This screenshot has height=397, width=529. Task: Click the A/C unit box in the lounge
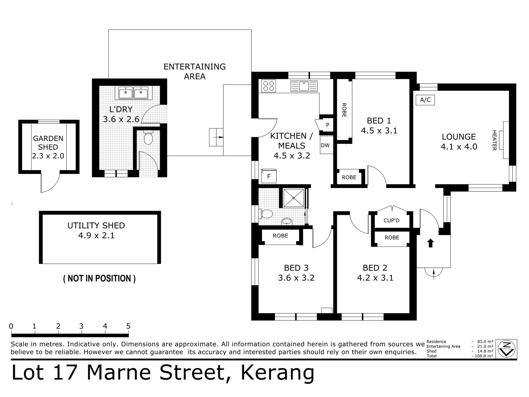pyautogui.click(x=425, y=100)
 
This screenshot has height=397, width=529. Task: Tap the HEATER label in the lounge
pyautogui.click(x=494, y=140)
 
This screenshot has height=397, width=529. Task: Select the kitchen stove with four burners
pyautogui.click(x=269, y=86)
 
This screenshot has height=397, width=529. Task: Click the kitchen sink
pyautogui.click(x=304, y=86)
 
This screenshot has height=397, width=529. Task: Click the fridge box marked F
pyautogui.click(x=269, y=176)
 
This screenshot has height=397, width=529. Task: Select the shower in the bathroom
pyautogui.click(x=294, y=198)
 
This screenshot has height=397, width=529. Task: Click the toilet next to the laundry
pyautogui.click(x=148, y=137)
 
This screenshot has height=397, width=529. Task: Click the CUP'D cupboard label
pyautogui.click(x=391, y=220)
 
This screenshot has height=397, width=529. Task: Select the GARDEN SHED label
pyautogui.click(x=48, y=143)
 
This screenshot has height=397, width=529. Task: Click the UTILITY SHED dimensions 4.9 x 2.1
pyautogui.click(x=96, y=236)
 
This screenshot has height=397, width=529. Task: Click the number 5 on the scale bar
pyautogui.click(x=128, y=326)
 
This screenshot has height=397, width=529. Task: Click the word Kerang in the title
pyautogui.click(x=278, y=373)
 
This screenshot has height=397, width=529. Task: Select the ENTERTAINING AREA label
pyautogui.click(x=195, y=71)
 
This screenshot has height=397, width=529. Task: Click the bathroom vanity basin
pyautogui.click(x=287, y=221)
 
